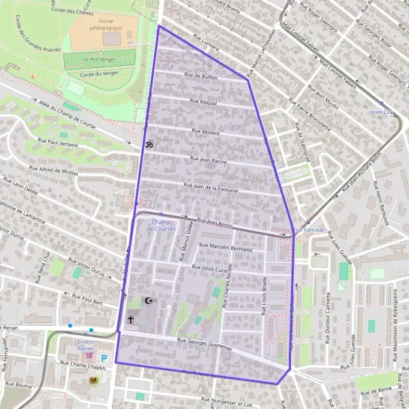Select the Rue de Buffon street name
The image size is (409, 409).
pos(200,76)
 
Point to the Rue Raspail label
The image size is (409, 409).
pos(204,102)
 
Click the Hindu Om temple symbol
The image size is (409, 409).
pos(147,145)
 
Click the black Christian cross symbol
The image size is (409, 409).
pos(130,318)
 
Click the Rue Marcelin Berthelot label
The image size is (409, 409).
pos(225,249)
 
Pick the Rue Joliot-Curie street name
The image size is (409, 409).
pos(214,269)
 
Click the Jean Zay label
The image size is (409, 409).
pos(380,111)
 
